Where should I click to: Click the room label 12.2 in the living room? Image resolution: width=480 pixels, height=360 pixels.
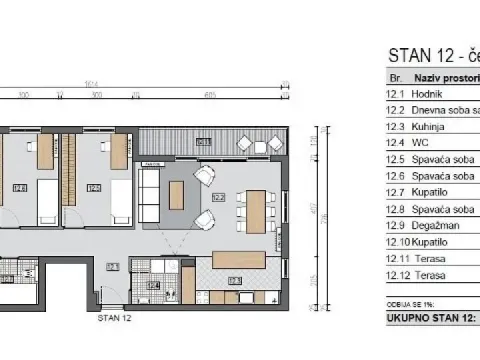218,198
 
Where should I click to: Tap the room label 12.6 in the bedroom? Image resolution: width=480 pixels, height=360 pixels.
21,186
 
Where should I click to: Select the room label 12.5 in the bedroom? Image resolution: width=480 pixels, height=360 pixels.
94,186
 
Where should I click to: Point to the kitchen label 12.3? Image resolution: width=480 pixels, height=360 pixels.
235,281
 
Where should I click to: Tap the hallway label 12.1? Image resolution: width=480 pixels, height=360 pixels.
112,266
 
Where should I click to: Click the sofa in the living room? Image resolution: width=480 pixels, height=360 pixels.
148,194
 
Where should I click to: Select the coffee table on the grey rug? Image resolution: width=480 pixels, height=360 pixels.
177,194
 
